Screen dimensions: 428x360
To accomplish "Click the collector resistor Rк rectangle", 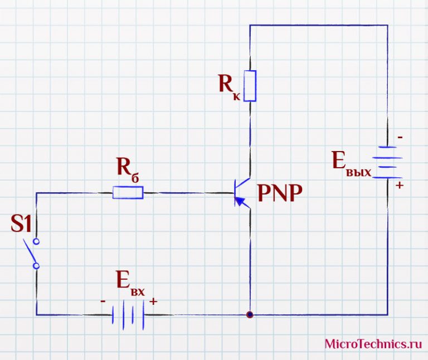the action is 250,86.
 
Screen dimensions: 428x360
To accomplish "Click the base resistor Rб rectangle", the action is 128,193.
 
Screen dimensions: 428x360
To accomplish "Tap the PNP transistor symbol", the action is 242,193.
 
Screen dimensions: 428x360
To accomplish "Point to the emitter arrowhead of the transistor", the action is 240,201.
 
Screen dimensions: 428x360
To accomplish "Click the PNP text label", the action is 280,193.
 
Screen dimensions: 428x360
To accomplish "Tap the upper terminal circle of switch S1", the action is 36,241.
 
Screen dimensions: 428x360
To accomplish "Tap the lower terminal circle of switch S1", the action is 36,266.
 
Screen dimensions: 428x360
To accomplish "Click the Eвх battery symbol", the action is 128,315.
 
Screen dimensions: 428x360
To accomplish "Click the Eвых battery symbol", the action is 387,162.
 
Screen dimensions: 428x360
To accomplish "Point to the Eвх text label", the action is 130,283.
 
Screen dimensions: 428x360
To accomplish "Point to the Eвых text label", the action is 352,164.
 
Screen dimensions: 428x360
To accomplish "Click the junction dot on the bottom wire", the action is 250,315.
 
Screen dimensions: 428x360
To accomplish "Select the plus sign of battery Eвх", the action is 153,301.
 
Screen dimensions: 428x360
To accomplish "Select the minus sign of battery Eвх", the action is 103,301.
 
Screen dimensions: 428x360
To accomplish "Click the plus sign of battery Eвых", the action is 400,186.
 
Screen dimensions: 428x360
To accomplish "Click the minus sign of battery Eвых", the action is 400,137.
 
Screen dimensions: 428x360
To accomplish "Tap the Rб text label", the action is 128,170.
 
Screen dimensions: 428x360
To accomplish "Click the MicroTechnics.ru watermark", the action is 373,344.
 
